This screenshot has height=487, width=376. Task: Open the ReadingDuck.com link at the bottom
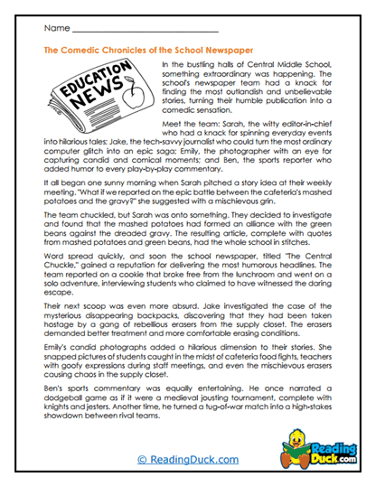188,460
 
